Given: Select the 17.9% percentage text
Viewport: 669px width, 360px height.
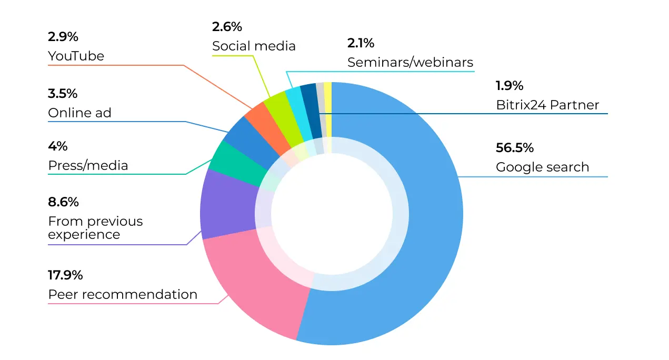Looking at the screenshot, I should tap(65, 275).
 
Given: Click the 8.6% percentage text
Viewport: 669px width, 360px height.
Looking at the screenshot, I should tap(63, 202).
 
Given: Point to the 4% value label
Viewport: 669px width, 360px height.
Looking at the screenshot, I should tap(58, 146).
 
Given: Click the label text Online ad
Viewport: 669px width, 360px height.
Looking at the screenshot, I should tap(79, 113).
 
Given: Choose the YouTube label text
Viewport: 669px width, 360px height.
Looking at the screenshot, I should tap(76, 56).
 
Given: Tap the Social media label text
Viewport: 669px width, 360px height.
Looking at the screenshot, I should tap(254, 46).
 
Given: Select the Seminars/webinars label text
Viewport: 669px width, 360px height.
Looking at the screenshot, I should tap(410, 63).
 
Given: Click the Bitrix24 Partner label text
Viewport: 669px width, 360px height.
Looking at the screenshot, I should tap(547, 105).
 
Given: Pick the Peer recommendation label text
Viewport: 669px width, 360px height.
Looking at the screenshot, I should tap(123, 294).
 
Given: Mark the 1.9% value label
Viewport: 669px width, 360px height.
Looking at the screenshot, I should tap(510, 85).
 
